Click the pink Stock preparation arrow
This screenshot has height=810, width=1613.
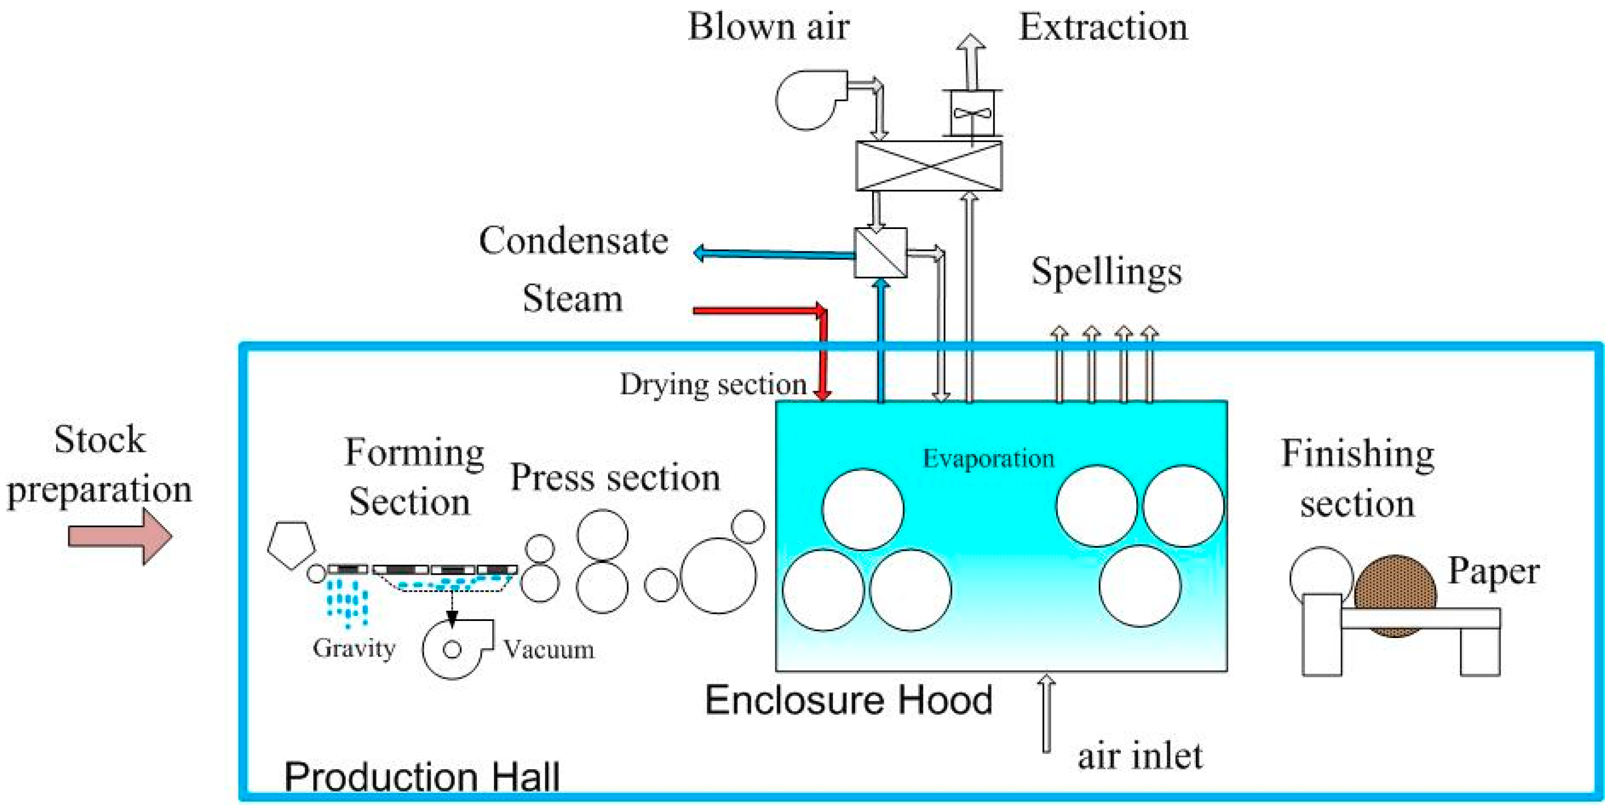click(x=119, y=537)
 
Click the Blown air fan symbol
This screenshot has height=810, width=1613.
click(x=808, y=100)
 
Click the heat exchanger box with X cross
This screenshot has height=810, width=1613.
click(x=929, y=166)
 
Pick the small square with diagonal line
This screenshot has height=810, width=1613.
click(x=881, y=253)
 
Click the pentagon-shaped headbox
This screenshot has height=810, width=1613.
click(x=291, y=545)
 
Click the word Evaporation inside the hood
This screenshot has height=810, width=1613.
click(x=988, y=459)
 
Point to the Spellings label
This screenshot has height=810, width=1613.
click(x=1106, y=272)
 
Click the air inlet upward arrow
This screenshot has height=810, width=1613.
click(x=1046, y=713)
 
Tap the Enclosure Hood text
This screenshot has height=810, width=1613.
click(x=848, y=700)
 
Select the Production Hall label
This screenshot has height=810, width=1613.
click(x=421, y=777)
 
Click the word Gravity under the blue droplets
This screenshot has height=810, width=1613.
click(x=354, y=648)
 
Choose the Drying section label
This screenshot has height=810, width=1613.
click(x=713, y=384)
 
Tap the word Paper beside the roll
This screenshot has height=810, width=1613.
click(x=1494, y=572)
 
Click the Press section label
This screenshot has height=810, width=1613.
click(x=615, y=478)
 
